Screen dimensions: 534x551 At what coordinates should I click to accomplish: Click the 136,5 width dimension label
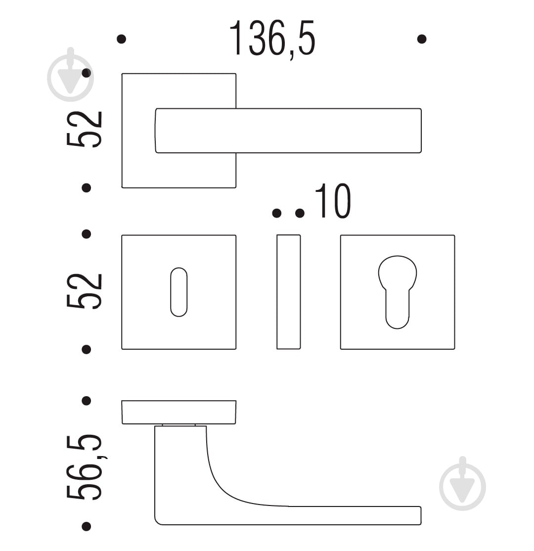coord(272,38)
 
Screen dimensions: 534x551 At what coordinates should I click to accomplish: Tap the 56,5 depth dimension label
coord(85,467)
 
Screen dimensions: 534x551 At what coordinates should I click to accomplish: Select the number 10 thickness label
coord(333,201)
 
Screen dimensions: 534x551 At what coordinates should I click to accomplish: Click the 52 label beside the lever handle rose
coord(85,129)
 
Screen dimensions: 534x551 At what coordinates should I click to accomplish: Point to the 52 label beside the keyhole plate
coord(85,291)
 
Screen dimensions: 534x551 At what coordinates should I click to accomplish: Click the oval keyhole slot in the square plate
coord(179,292)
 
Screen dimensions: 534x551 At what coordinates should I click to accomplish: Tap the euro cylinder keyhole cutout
coord(398,292)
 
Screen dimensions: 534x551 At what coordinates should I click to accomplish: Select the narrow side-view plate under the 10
coord(288,292)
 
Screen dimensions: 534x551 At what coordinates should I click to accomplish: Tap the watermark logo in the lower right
coord(463,484)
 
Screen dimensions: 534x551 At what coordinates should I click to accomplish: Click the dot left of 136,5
coord(121,39)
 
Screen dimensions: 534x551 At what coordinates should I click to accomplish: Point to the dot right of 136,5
coord(422,39)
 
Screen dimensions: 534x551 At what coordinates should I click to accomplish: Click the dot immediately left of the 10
coord(300,213)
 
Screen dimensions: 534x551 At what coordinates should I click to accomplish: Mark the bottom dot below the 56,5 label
coord(86,526)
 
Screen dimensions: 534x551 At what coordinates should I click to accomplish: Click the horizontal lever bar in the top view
coord(288,131)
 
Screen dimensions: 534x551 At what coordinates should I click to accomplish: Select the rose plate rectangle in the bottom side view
coord(179,412)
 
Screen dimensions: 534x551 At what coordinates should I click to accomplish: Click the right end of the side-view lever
coord(421,515)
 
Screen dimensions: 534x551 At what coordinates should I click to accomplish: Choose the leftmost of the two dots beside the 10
coord(276,213)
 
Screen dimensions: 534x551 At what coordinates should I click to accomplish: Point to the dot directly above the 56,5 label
coord(86,401)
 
